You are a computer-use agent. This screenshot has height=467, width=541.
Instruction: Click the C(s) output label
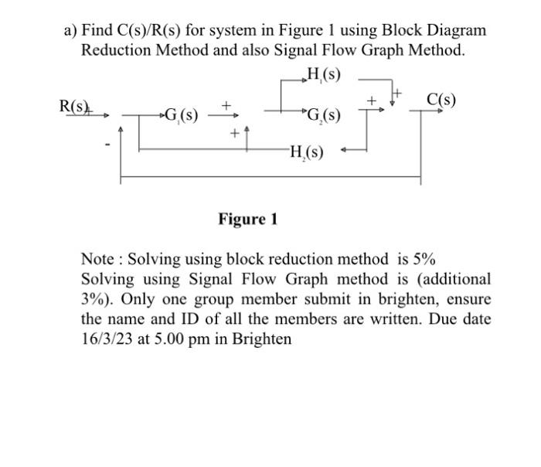click(441, 101)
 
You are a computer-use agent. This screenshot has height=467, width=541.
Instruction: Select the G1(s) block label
click(180, 118)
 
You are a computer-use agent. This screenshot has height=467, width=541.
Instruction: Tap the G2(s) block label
click(322, 118)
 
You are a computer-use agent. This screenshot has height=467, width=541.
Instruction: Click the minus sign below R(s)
click(108, 144)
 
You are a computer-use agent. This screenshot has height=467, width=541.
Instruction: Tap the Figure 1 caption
click(247, 220)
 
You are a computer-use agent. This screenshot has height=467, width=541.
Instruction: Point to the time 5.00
click(175, 339)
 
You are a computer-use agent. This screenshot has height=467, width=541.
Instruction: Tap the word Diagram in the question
click(457, 31)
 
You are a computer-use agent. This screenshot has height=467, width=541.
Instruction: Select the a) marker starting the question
click(71, 31)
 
